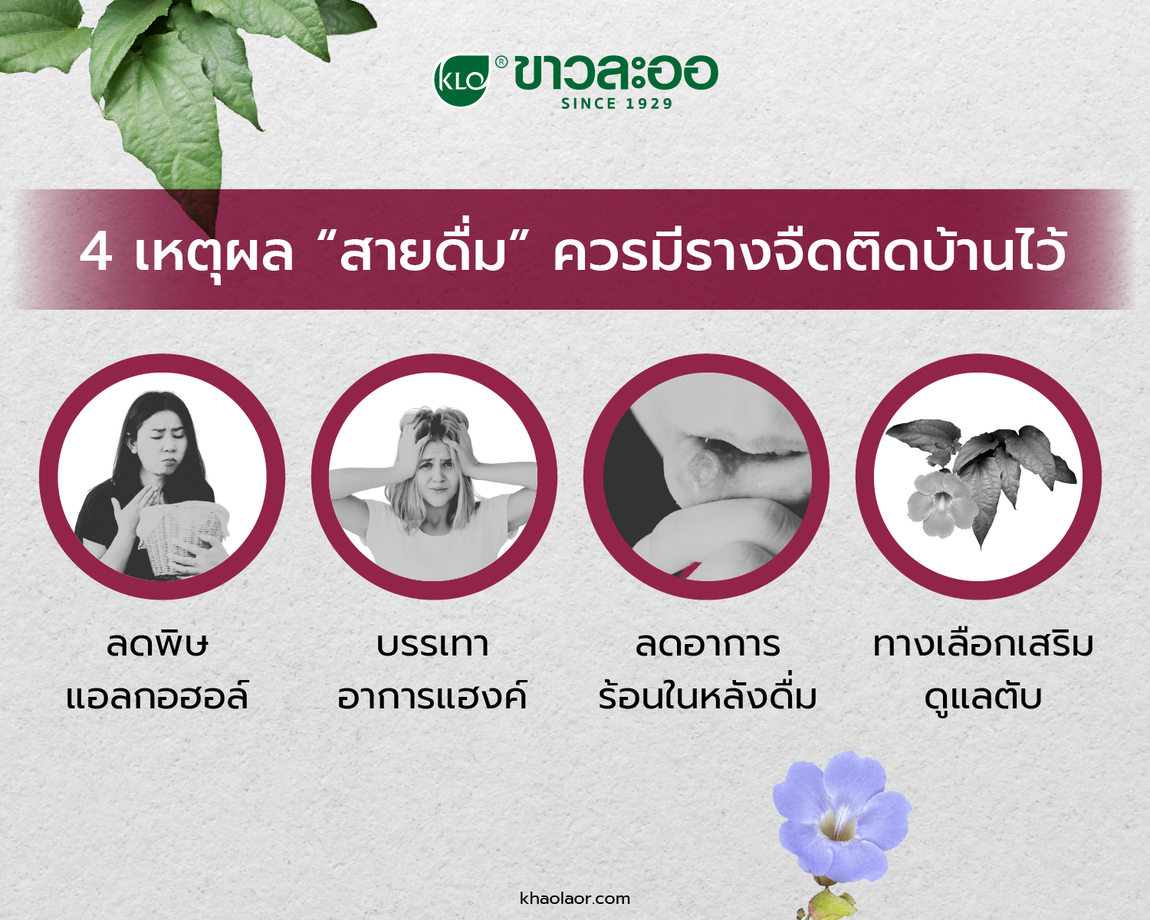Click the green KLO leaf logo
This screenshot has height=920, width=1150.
click(x=461, y=80)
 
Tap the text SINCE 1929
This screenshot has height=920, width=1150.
click(x=616, y=103)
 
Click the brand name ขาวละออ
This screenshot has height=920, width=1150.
click(x=616, y=74)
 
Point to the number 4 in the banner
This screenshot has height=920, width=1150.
click(x=96, y=253)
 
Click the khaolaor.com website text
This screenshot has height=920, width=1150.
click(x=575, y=898)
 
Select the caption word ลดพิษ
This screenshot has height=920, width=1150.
click(x=157, y=645)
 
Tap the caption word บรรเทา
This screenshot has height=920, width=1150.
click(x=432, y=646)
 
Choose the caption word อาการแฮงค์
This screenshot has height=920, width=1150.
click(x=432, y=695)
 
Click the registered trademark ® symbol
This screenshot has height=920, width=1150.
click(x=501, y=63)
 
